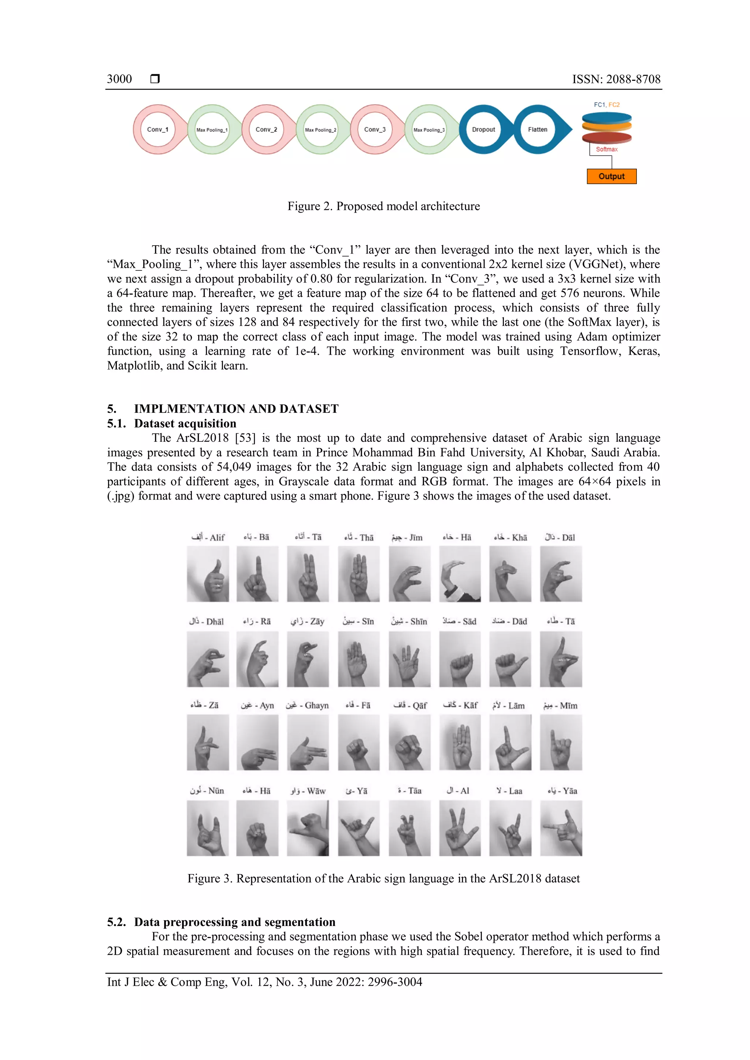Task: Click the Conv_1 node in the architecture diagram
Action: [x=157, y=129]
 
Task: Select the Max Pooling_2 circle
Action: [x=320, y=130]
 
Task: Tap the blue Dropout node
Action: [x=483, y=129]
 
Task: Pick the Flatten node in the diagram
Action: [x=537, y=129]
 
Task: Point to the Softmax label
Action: [x=606, y=149]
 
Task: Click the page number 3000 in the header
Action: [x=119, y=79]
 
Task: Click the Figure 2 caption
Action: [x=383, y=206]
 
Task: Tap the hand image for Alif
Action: [x=208, y=574]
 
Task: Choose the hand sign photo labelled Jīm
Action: [x=409, y=574]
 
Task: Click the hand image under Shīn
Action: [x=409, y=659]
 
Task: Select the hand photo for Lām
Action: [x=510, y=742]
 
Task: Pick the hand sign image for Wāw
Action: [x=308, y=828]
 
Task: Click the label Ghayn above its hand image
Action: [x=307, y=705]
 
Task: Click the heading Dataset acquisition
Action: [x=185, y=423]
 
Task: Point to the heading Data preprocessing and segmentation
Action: [x=235, y=922]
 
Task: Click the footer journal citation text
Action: [x=265, y=982]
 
